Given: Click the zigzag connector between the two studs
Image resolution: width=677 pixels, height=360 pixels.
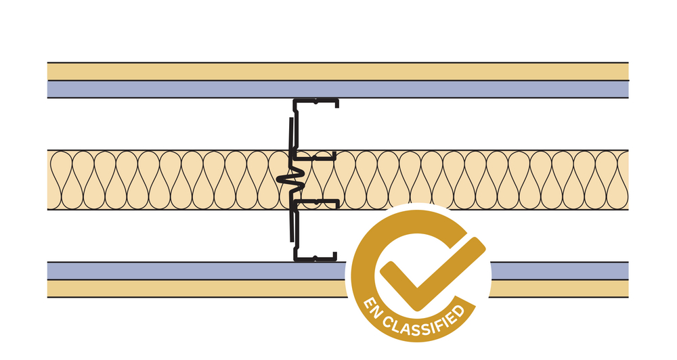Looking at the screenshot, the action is [292, 179].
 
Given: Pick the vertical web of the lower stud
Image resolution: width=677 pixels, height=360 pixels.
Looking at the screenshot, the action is [295, 231].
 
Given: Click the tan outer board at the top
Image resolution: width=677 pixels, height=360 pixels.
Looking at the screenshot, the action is [338, 72].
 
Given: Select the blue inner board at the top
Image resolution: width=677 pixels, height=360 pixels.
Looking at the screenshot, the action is [338, 89].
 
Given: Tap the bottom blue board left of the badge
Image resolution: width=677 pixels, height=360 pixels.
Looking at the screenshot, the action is [196, 271].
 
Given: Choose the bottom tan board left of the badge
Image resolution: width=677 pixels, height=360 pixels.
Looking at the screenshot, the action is [196, 289].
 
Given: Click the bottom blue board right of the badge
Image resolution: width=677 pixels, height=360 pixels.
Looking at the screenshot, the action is [559, 271].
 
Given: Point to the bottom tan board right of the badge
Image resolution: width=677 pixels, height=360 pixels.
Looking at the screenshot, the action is [559, 289].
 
